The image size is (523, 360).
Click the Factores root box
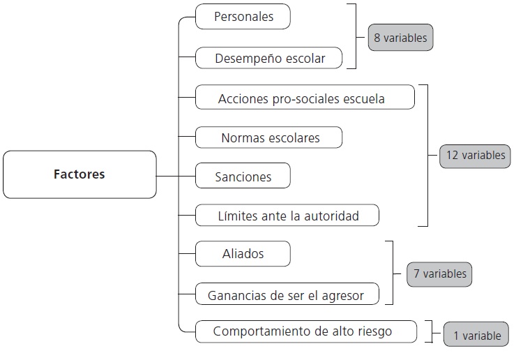coord(79,174)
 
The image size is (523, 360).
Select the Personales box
coord(243,17)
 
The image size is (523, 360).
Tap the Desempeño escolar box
coord(270,58)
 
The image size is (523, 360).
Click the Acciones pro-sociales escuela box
coord(305,98)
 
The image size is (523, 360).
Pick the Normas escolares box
coord(269,137)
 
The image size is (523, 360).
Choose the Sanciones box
coord(243,176)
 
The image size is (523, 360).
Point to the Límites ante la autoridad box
coord(287,216)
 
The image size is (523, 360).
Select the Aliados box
coord(243,254)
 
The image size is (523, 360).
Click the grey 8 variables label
coord(400,38)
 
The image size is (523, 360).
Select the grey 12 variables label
coord(475,156)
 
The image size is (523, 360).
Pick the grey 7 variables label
coord(439,273)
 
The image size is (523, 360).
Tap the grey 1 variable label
coord(476,336)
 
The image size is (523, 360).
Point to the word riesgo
coord(374,331)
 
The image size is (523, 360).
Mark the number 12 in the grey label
coord(451,156)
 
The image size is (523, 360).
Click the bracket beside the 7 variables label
coord(391,273)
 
